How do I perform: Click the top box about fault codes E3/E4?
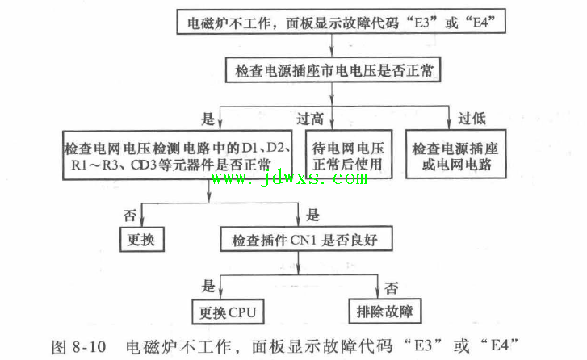341,22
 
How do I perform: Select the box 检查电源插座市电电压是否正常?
333,70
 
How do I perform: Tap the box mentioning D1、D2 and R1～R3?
178,155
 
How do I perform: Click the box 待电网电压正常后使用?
349,154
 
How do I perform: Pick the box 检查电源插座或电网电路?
456,154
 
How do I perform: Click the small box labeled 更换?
142,239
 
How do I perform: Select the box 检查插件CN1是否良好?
306,239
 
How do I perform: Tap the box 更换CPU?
228,312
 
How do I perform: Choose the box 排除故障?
385,311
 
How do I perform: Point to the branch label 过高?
310,119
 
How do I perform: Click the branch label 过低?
472,119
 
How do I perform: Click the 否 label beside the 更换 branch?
130,216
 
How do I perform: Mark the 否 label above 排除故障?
392,288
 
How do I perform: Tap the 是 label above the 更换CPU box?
208,286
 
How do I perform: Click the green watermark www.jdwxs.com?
289,178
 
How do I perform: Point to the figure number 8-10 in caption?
90,347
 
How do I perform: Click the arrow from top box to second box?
332,45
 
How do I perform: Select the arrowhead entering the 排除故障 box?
378,294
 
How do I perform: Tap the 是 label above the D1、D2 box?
208,119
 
